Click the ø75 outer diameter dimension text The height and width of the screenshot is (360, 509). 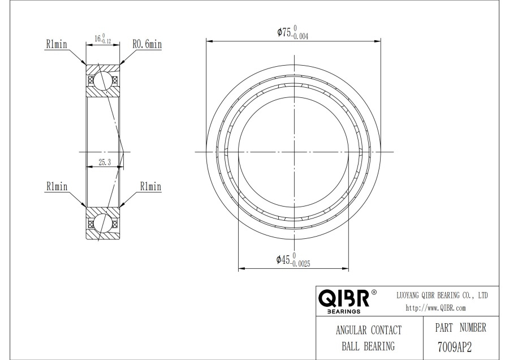[292, 32]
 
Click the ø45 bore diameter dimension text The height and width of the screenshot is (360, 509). [293, 260]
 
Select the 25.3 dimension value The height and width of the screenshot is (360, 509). [105, 162]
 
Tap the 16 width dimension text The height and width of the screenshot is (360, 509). [103, 38]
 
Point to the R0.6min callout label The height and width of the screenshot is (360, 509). [147, 44]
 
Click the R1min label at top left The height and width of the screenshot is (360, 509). [57, 44]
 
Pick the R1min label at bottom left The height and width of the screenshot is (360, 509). [57, 186]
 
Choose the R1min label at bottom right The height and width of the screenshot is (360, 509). [150, 186]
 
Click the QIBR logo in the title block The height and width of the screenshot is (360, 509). [344, 298]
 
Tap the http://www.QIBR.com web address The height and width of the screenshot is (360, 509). [435, 308]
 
